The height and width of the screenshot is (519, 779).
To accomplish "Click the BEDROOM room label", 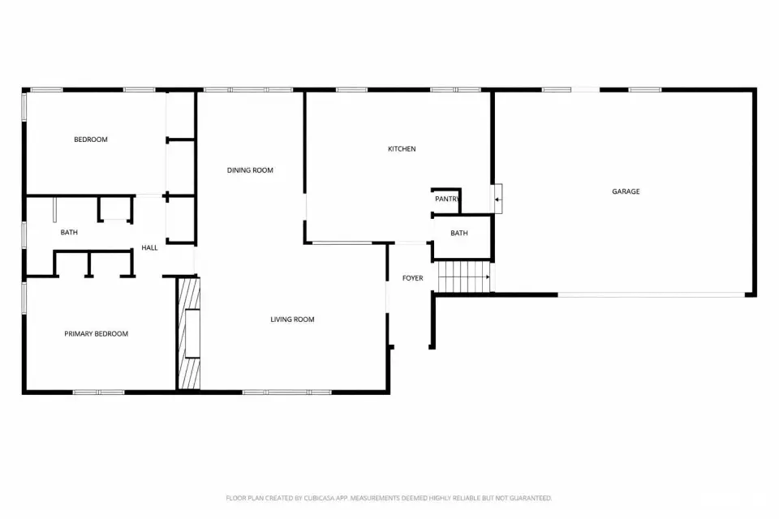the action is tap(90, 139).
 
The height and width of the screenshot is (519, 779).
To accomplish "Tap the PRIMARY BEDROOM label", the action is tap(96, 334).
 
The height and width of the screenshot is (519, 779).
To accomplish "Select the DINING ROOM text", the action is tap(250, 170).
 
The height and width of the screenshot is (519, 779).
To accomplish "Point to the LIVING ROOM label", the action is tap(292, 320).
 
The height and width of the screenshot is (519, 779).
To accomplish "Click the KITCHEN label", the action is tap(402, 149).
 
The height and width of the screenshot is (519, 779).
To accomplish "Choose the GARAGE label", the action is tap(626, 191).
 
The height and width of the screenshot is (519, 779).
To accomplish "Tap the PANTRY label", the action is tap(447, 199).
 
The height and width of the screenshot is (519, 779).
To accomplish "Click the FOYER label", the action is tap(412, 278).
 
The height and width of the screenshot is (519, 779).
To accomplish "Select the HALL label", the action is tap(149, 248).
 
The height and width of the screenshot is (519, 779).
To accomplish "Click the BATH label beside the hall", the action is tap(69, 233).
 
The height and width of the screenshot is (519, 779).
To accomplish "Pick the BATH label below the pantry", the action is tap(459, 233).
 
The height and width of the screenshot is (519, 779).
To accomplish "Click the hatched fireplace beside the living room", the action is tap(189, 333).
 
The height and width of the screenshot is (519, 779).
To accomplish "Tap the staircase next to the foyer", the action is tap(464, 277).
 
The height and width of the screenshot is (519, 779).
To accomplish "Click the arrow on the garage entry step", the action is tap(497, 199).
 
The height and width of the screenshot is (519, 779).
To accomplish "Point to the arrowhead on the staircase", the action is tap(488, 277).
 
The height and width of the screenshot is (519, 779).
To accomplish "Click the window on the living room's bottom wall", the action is tap(287, 392).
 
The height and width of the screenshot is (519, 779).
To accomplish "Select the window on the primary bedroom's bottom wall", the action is tap(98, 392).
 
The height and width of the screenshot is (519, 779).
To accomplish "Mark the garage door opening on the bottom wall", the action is tap(652, 295).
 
